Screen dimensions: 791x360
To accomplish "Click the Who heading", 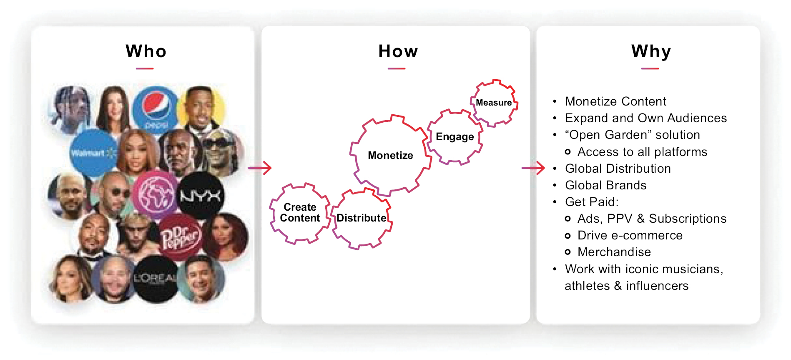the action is pos(146,51).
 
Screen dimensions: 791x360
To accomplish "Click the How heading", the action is pos(398,51).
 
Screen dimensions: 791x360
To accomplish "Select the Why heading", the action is pos(651,52).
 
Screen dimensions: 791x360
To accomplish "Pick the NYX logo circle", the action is pos(201,196).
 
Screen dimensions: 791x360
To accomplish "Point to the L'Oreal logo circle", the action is pos(156,279).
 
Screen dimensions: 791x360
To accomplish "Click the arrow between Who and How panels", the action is pos(260,168).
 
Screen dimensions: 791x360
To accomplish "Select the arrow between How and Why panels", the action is pos(533,168).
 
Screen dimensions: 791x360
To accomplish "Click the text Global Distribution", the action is pos(618,169).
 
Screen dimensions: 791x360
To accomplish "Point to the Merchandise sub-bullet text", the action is pos(614,252).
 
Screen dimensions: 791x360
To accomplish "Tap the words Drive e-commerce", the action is pos(630,235).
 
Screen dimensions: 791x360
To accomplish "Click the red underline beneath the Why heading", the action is pos(650,68).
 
